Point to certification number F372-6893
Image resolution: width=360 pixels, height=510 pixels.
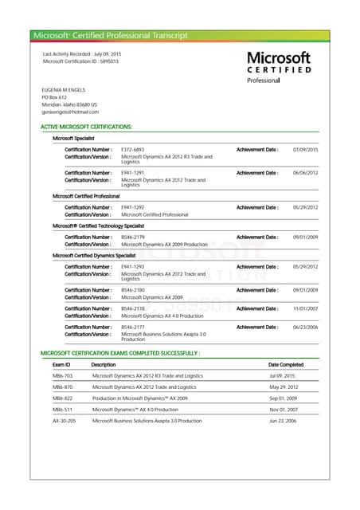tap(132, 150)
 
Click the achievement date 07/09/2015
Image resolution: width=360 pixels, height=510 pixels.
tap(305, 150)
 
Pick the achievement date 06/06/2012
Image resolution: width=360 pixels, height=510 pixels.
tap(305, 173)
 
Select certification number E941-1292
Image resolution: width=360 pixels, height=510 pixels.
tap(132, 207)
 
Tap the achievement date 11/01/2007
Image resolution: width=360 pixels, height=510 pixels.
tap(305, 308)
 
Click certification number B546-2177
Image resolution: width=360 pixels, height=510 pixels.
tap(132, 327)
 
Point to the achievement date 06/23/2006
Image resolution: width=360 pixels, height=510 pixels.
tap(305, 327)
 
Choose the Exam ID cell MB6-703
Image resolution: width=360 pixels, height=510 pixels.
tap(62, 375)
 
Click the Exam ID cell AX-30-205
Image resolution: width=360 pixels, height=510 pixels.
tap(65, 420)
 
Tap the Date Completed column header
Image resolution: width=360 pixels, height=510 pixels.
tap(286, 364)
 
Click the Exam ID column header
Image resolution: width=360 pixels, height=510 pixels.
tap(61, 364)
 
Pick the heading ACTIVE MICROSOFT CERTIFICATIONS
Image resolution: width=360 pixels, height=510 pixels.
tap(86, 127)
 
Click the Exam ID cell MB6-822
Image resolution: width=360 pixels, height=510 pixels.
tap(62, 398)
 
